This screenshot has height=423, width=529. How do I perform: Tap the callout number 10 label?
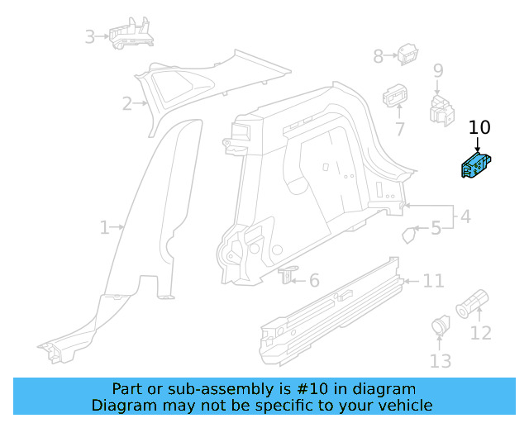click(x=479, y=127)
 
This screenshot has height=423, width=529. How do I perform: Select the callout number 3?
click(x=90, y=36)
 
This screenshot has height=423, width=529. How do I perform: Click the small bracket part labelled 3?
click(x=131, y=34)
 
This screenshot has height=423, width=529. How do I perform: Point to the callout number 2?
click(x=127, y=103)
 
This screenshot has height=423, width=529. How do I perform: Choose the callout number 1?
click(x=104, y=227)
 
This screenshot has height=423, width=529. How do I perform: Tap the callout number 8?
click(x=379, y=56)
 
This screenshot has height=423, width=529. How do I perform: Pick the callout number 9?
click(x=437, y=71)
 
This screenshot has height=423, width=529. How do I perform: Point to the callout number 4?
click(x=465, y=217)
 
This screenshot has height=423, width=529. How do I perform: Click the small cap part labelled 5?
click(x=409, y=235)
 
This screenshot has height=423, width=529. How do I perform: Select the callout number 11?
click(x=433, y=282)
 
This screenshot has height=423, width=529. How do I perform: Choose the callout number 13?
click(x=441, y=360)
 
